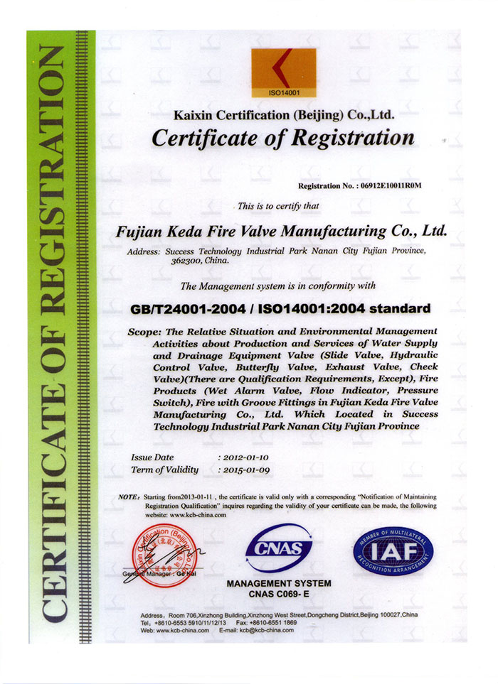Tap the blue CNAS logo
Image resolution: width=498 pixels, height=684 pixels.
279,548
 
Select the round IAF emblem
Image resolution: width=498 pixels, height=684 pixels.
393,550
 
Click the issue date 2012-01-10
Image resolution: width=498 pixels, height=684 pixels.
243,457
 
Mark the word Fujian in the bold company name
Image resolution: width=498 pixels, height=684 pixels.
140,231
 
